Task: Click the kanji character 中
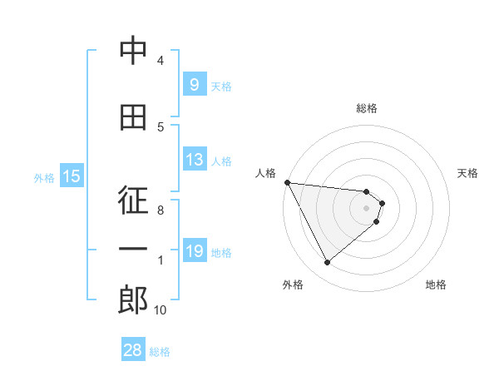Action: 133,51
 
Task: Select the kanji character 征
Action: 133,201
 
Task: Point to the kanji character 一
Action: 133,251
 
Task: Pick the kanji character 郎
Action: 133,300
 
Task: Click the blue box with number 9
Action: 194,84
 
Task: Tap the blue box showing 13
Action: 194,160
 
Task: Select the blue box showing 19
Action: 194,251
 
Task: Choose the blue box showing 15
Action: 71,176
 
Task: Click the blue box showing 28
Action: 133,350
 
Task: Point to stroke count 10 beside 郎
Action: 161,310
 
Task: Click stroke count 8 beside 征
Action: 161,210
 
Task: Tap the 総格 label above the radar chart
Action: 367,108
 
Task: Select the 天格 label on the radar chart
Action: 468,173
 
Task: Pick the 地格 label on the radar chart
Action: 436,285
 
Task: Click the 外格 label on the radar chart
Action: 293,285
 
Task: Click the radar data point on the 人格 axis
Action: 287,182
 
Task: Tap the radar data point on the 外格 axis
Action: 327,263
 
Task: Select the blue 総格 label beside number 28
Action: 160,351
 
